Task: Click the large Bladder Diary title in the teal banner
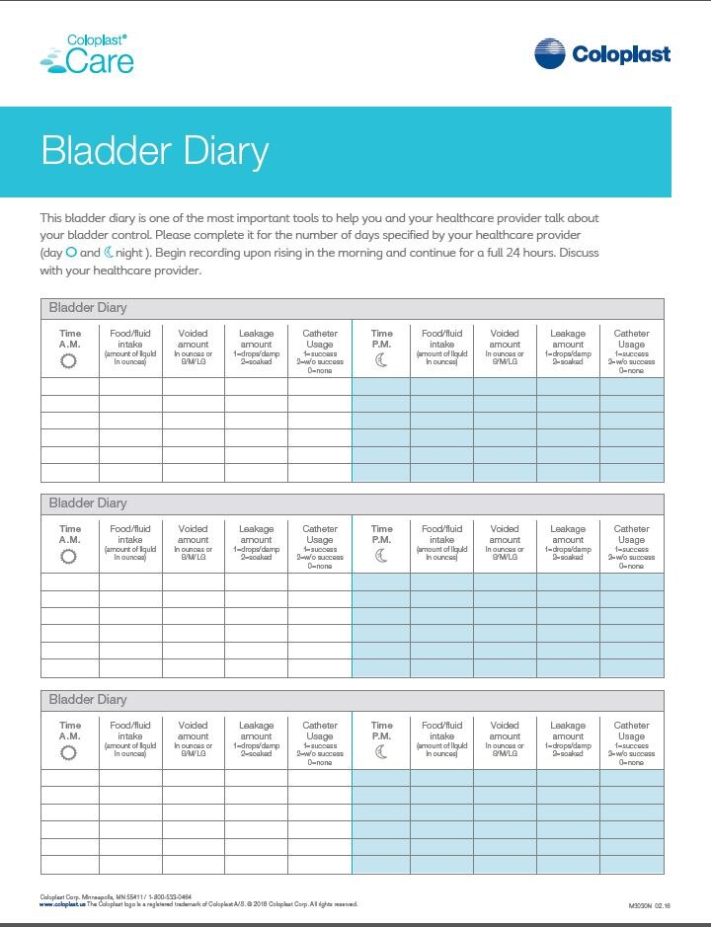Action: tap(155, 152)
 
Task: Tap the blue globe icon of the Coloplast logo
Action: tap(550, 54)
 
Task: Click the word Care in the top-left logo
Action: tap(99, 62)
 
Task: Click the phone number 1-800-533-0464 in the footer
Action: tap(170, 896)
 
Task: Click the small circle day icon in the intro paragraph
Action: tap(71, 253)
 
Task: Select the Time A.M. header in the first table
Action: tap(69, 338)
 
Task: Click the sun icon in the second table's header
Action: tap(69, 557)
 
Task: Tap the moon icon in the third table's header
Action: tap(381, 752)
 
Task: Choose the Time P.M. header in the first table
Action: tap(381, 338)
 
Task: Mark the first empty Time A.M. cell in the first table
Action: tap(69, 386)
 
